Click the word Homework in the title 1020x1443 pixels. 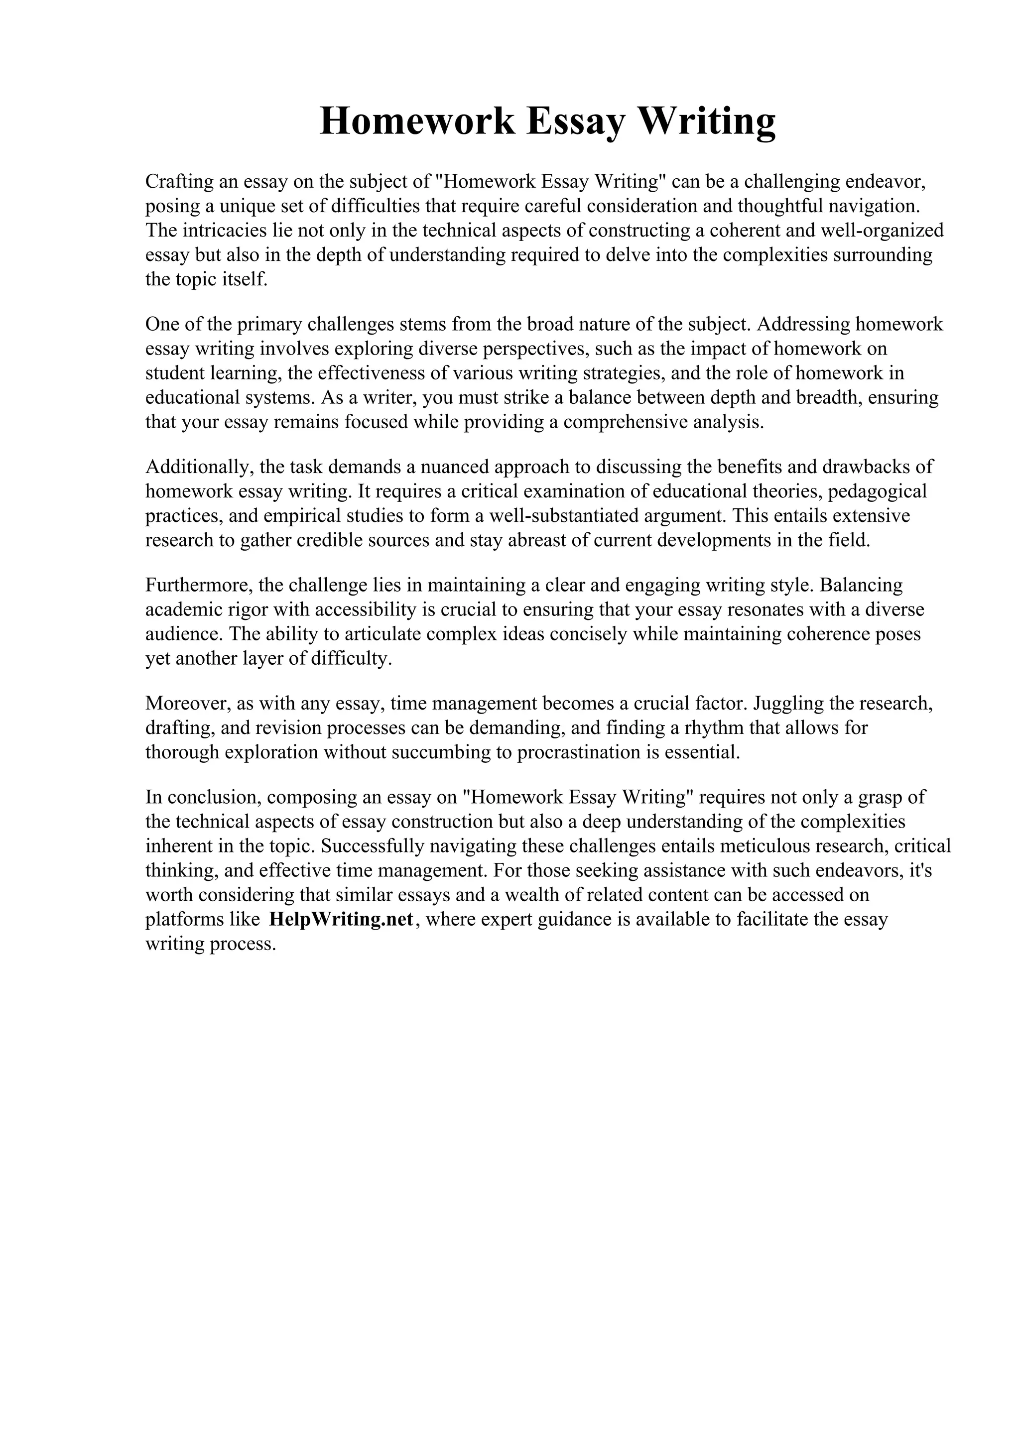tap(417, 121)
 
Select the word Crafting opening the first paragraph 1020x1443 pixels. tap(179, 182)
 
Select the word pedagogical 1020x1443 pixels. tap(878, 491)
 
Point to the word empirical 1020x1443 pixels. tap(300, 516)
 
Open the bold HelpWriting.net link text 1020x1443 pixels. tap(341, 920)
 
